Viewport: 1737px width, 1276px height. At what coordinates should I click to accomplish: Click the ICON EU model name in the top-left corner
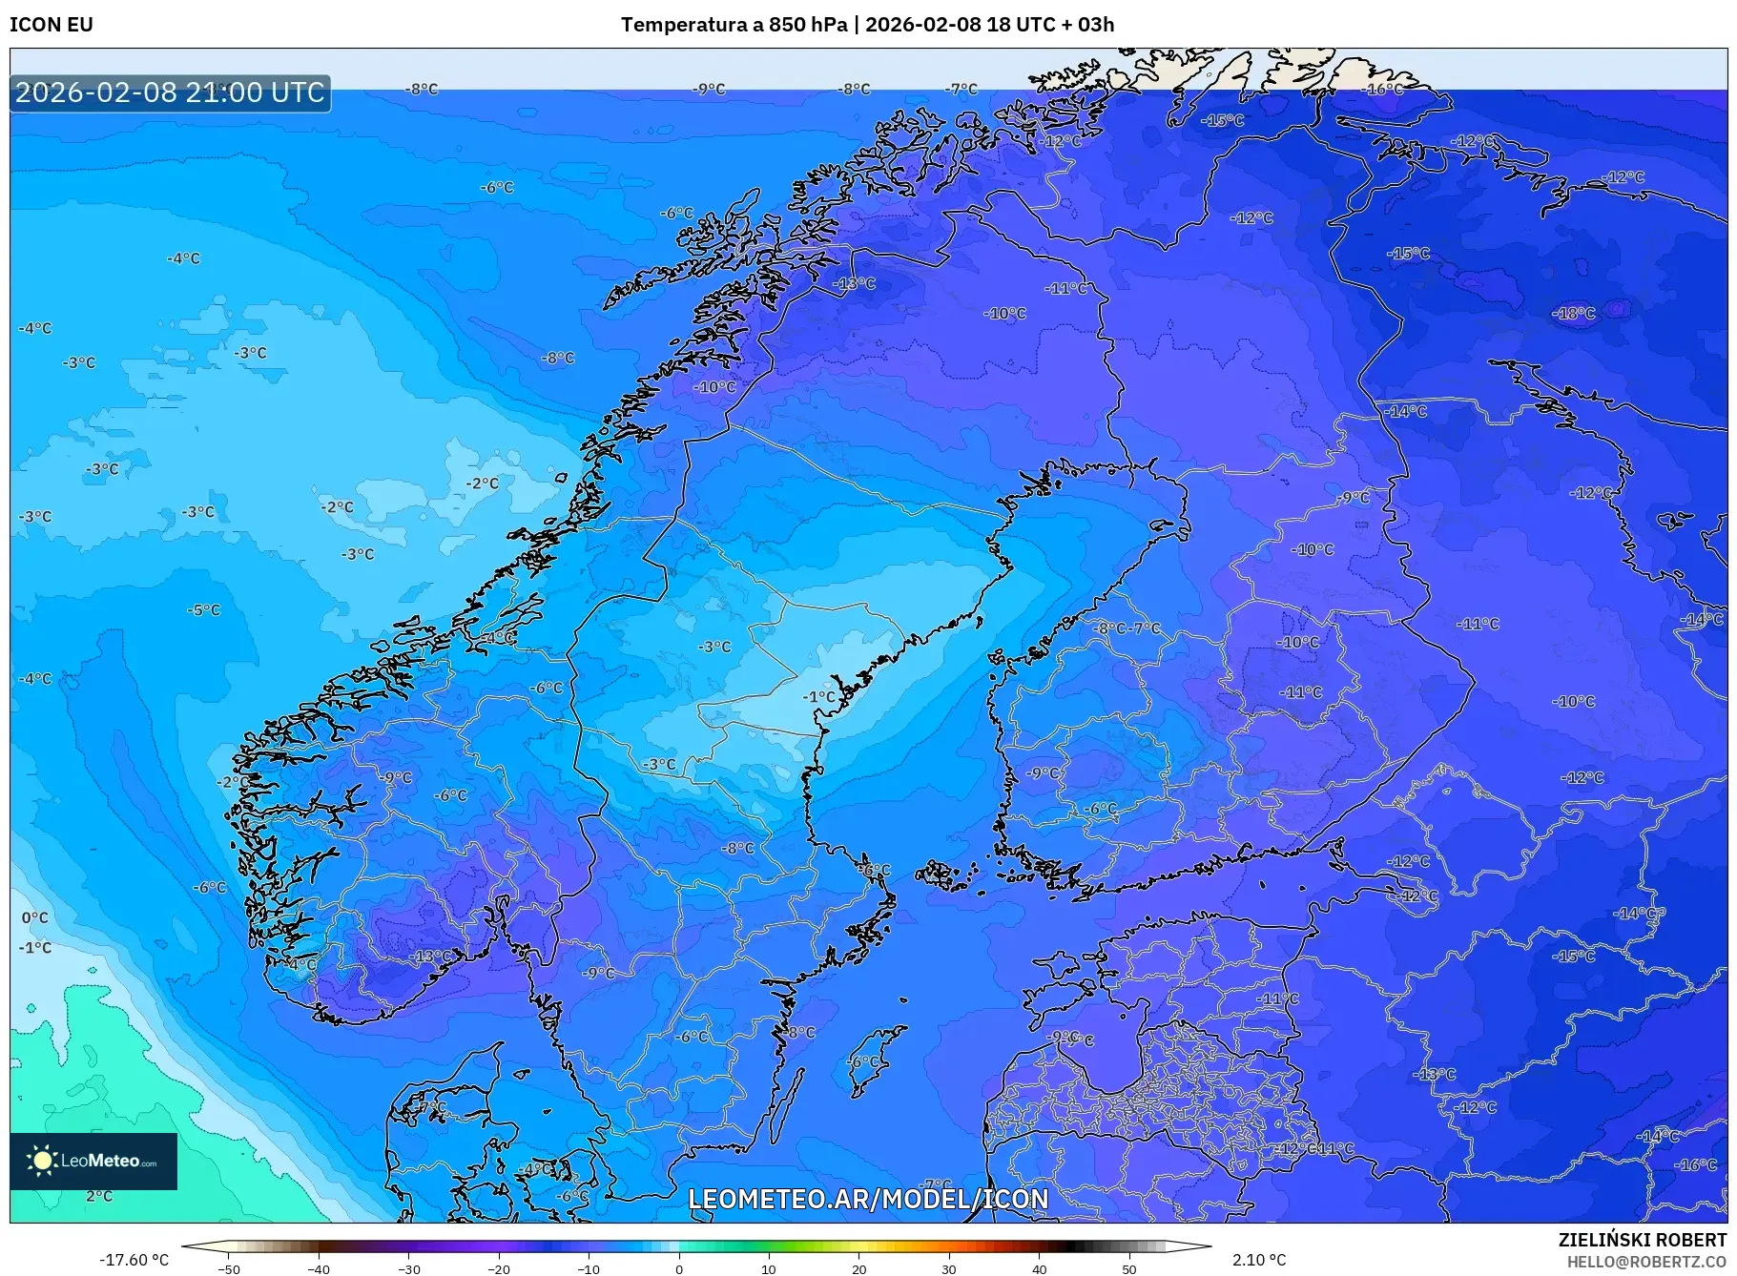point(52,25)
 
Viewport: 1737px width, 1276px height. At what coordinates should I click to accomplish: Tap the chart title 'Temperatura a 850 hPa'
point(734,25)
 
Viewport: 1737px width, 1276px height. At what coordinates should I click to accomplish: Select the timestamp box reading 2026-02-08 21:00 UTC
point(170,93)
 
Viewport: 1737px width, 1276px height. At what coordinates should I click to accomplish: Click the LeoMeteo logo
point(93,1161)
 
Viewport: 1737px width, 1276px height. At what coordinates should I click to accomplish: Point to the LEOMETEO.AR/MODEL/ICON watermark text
point(868,1199)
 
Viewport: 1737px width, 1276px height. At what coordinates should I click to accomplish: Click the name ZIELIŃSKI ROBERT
point(1642,1240)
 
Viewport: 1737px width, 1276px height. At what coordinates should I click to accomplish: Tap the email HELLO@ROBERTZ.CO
point(1646,1262)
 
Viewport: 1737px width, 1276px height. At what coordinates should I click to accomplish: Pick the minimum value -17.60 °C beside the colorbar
point(134,1260)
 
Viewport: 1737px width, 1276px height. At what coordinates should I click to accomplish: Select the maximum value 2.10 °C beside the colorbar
point(1259,1260)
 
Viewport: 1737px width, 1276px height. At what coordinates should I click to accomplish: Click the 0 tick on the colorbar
point(679,1268)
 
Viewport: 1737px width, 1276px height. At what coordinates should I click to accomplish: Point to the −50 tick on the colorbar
point(229,1268)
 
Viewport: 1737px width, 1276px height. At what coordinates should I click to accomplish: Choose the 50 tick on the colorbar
point(1129,1268)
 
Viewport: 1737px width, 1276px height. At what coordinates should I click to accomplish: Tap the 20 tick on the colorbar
point(859,1268)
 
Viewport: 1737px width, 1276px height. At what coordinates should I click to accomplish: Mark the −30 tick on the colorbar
point(408,1268)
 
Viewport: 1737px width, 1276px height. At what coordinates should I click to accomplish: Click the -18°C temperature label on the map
point(1574,313)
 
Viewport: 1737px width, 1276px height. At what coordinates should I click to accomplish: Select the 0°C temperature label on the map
point(35,917)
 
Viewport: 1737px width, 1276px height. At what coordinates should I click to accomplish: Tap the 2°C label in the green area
point(99,1196)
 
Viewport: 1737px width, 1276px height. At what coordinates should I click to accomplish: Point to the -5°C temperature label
point(204,609)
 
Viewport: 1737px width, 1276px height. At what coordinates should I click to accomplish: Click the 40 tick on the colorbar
point(1040,1268)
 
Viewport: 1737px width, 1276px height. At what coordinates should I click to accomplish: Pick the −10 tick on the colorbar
point(589,1268)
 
